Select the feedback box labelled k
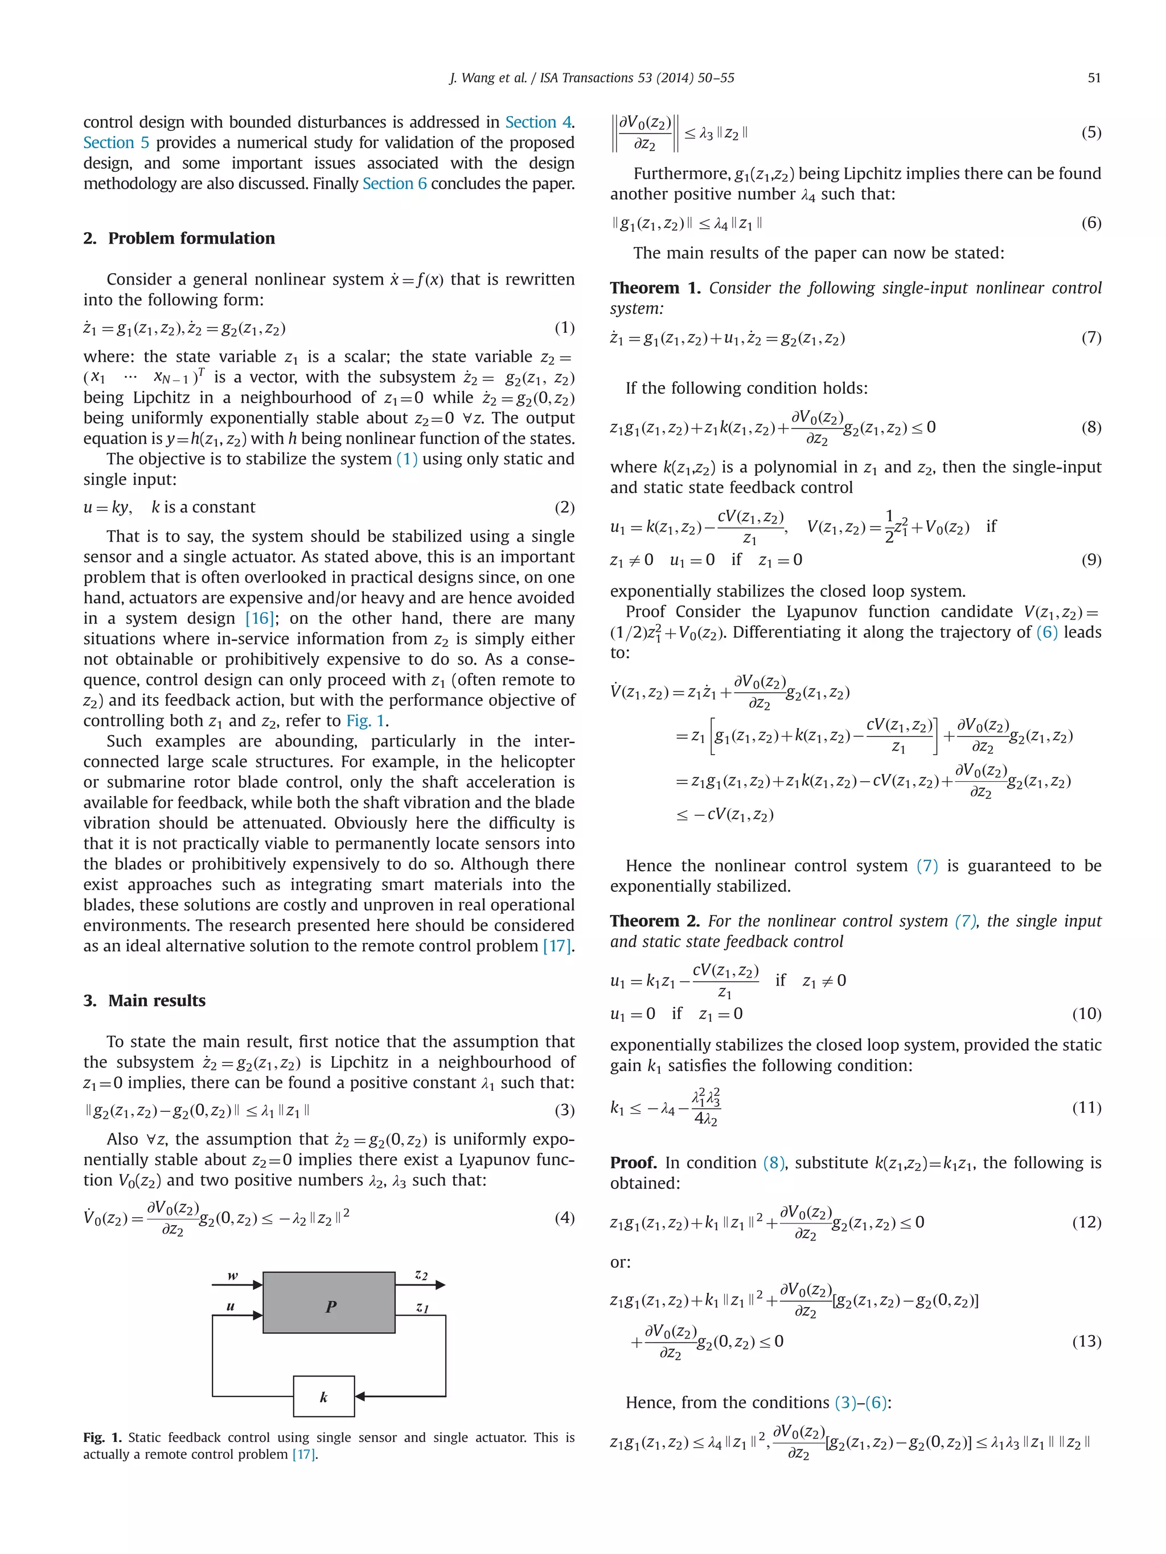[323, 1396]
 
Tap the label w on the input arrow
[233, 1275]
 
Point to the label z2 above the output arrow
[421, 1275]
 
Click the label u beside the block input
[231, 1306]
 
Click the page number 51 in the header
[1094, 78]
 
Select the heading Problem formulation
[191, 238]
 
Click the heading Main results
[157, 1000]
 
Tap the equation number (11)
[1086, 1107]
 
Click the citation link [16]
[260, 618]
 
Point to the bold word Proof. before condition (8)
[633, 1163]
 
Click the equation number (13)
[1086, 1341]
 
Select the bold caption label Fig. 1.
[102, 1437]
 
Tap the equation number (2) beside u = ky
[564, 507]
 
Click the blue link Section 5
[116, 143]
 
